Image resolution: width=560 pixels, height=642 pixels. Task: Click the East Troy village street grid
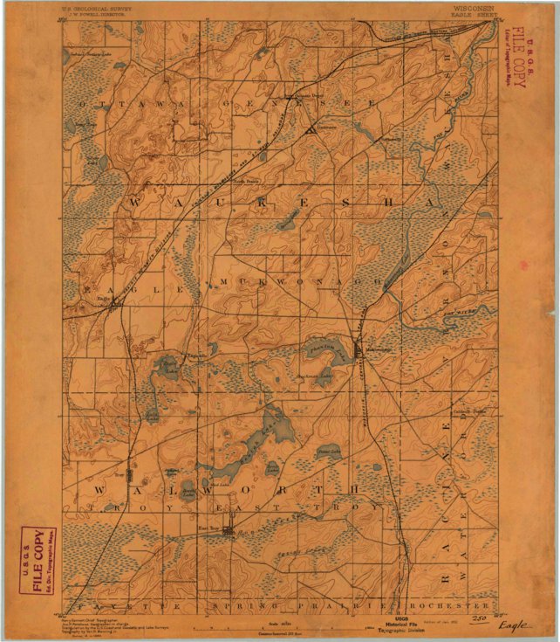click(x=229, y=530)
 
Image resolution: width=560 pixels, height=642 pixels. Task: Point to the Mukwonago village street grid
click(x=359, y=351)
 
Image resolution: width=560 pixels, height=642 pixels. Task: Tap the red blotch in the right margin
click(x=523, y=264)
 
